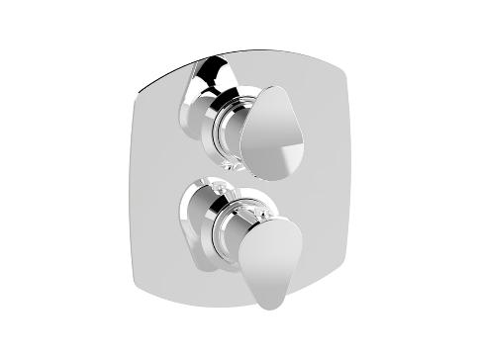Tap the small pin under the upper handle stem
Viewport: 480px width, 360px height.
point(230,166)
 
